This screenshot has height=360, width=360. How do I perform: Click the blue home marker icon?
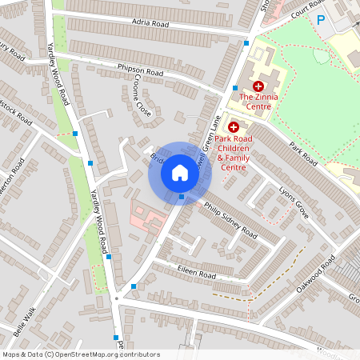coord(180,173)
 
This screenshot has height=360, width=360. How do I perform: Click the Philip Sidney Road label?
coord(230,221)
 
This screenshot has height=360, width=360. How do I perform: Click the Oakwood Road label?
coord(314,275)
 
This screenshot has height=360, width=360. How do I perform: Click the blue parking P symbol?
coord(321,20)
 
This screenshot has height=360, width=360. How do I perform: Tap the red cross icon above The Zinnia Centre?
coord(258,86)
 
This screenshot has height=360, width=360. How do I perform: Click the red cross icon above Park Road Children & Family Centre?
coord(234,126)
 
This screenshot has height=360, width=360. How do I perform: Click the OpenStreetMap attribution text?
coord(81,354)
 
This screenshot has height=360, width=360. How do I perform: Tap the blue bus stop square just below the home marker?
coord(182,197)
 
